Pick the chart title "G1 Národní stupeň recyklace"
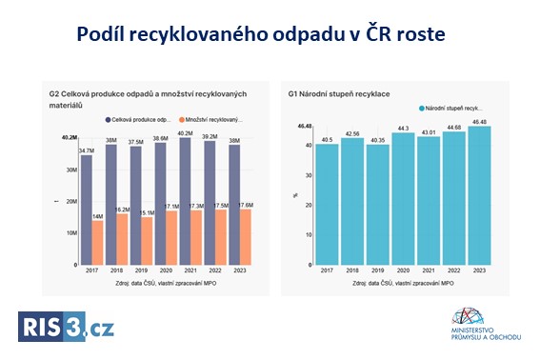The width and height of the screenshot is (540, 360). (x=338, y=94)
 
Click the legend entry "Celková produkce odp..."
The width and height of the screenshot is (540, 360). (x=139, y=120)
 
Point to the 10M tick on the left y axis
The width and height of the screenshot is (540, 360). (x=70, y=232)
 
